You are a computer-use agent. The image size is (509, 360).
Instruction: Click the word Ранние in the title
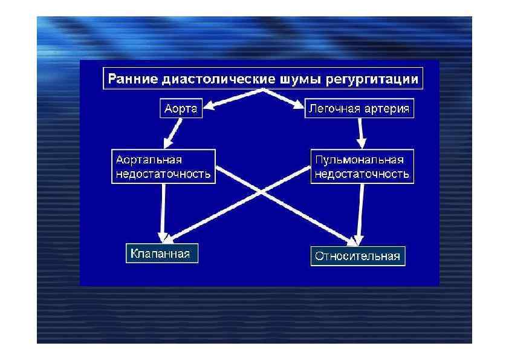[x=131, y=79]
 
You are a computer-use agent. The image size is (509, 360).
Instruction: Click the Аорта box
[x=180, y=110]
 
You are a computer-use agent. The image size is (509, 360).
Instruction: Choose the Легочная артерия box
[x=358, y=110]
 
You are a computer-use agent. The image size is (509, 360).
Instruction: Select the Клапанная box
[x=161, y=254]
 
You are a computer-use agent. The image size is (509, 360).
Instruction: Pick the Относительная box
[x=357, y=256]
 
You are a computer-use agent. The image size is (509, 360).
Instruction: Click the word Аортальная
[x=149, y=160]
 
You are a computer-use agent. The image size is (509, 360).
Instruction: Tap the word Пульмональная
[x=359, y=160]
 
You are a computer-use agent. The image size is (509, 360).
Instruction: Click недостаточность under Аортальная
[x=163, y=174]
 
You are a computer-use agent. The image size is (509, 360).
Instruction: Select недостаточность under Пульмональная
[x=361, y=174]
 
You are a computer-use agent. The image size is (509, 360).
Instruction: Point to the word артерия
[x=386, y=110]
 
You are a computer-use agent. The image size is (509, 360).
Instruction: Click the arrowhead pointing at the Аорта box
[x=206, y=109]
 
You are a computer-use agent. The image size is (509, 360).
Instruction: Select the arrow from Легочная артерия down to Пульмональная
[x=361, y=133]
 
